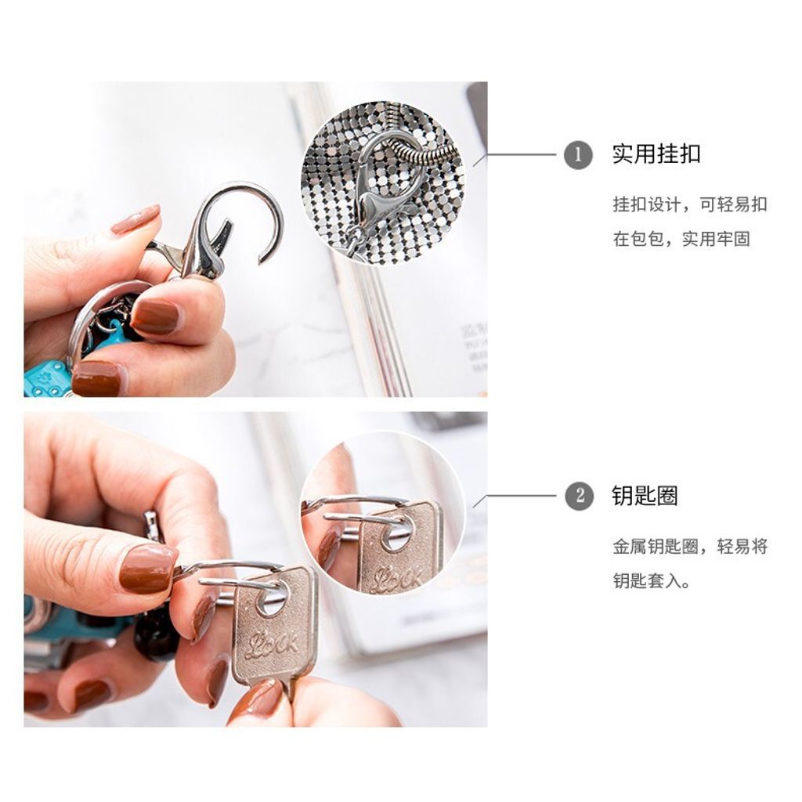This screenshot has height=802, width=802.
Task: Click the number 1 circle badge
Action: point(578,154)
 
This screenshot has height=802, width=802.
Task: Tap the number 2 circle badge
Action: point(579,496)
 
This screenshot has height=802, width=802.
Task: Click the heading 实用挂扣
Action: point(656,154)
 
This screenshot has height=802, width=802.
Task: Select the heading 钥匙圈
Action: point(645,496)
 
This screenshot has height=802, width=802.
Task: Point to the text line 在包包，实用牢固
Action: point(681,239)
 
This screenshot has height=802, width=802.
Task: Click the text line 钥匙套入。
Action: point(652,581)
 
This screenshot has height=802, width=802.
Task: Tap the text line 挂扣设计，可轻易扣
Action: point(690,204)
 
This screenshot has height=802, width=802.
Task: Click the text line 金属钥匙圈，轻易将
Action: point(690,547)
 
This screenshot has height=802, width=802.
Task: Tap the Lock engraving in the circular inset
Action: point(396,580)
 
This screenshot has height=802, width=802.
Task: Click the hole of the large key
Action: point(272,599)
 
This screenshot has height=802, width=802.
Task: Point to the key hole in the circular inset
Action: point(396,534)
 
